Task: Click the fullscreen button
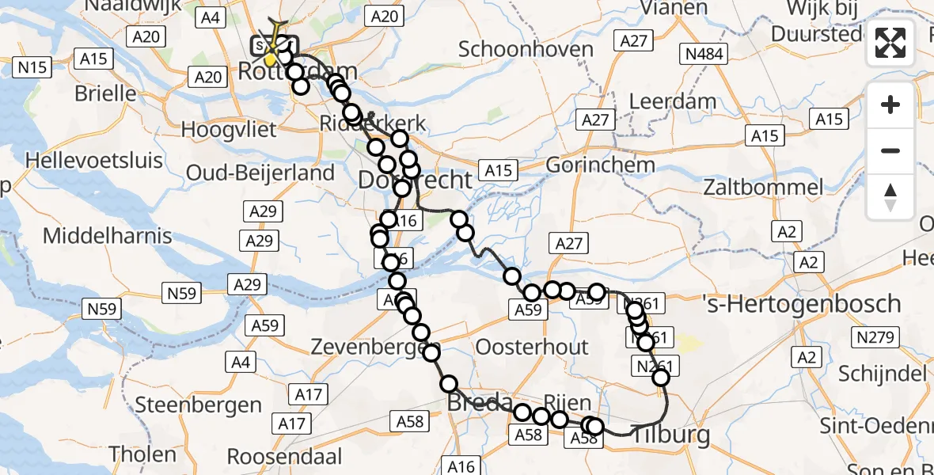(x=890, y=44)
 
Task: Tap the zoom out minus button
(x=890, y=150)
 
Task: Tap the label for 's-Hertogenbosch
(x=802, y=303)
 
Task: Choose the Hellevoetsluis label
(x=94, y=160)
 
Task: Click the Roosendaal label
(x=285, y=457)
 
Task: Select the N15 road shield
(x=32, y=67)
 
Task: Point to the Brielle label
(x=105, y=93)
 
